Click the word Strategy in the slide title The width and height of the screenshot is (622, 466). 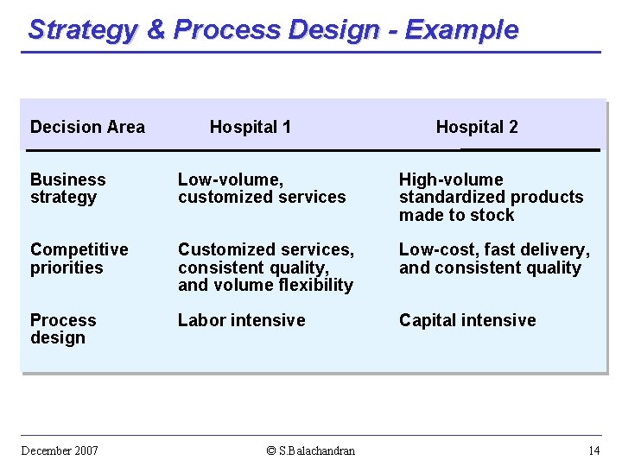pos(83,29)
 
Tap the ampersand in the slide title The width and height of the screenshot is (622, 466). pos(155,29)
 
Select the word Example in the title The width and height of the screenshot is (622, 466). pos(461,29)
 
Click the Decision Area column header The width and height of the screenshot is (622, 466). pos(87,127)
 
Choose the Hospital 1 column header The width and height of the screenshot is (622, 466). pos(250,127)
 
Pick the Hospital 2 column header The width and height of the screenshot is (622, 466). pos(476,127)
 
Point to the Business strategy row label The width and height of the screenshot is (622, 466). pos(67,188)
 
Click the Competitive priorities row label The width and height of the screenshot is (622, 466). pos(79,258)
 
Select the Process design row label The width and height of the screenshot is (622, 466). pos(63,329)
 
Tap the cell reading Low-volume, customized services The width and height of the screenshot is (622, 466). pos(261,188)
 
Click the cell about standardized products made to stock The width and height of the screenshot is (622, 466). pos(491,198)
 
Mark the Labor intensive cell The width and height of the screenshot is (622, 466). pos(241,320)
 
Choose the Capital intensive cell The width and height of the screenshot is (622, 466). pos(466,320)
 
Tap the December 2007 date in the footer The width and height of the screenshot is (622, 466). pos(60,450)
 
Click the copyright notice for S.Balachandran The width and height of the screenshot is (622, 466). pos(311,450)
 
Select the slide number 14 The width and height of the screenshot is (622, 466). pos(593,450)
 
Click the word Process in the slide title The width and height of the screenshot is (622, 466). pos(226,29)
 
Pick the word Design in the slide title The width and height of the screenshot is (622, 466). pos(333,29)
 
